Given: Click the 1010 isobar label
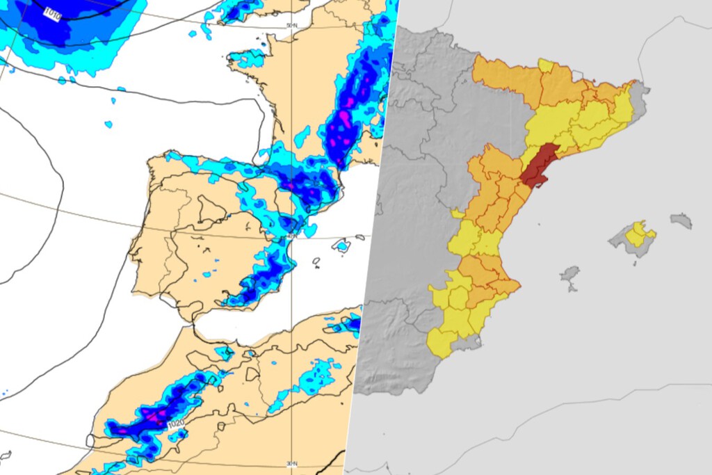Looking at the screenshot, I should click(x=52, y=13).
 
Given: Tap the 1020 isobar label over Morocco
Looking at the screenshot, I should click(x=156, y=423).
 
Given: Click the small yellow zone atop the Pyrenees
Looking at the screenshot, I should click(x=546, y=66).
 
